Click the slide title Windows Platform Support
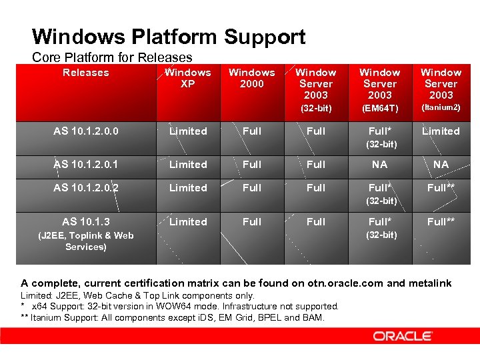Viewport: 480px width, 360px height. click(x=169, y=36)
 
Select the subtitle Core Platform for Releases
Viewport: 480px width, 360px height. click(x=112, y=57)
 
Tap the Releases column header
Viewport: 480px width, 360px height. click(x=85, y=73)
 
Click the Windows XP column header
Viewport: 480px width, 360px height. click(x=188, y=78)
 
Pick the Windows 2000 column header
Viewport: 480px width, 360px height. click(x=252, y=78)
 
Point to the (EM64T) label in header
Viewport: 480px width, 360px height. click(x=380, y=108)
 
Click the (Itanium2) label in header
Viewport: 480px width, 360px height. click(x=441, y=107)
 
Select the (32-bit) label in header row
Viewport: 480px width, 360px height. click(x=316, y=108)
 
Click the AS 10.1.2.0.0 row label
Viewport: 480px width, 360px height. click(x=86, y=131)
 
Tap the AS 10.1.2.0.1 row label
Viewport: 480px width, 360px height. click(x=86, y=165)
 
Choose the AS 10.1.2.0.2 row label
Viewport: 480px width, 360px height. click(x=86, y=188)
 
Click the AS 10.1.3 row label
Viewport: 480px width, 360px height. click(x=86, y=222)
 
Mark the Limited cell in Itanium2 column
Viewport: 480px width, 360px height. click(x=441, y=131)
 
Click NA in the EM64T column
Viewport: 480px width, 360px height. click(x=380, y=165)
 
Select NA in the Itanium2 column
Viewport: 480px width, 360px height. click(x=441, y=165)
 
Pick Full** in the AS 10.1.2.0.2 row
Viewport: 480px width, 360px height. click(x=441, y=188)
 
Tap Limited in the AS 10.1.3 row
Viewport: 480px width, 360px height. click(x=188, y=222)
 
